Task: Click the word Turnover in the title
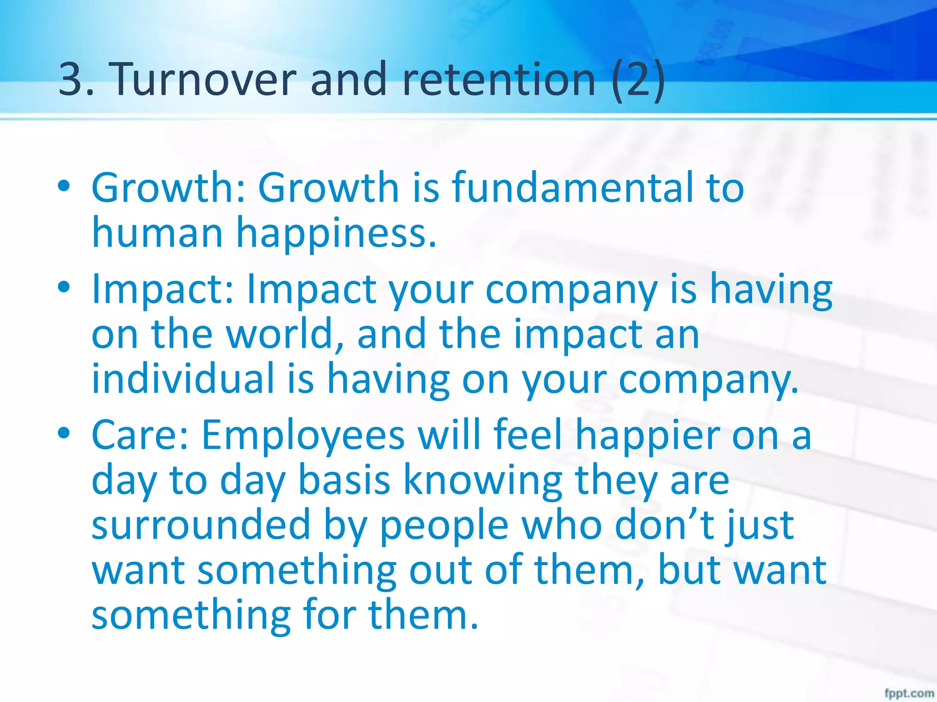click(x=202, y=80)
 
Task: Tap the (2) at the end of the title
click(x=638, y=80)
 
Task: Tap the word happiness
click(x=336, y=234)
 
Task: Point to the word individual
click(x=183, y=378)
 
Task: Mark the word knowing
click(x=482, y=481)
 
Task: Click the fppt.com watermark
click(x=909, y=693)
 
